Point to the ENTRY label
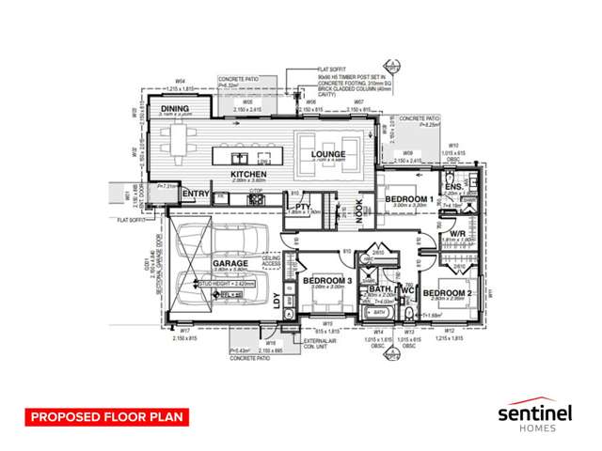(195, 194)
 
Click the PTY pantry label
(303, 207)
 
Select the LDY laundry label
(277, 301)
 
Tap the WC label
(409, 292)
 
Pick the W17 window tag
(185, 331)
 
